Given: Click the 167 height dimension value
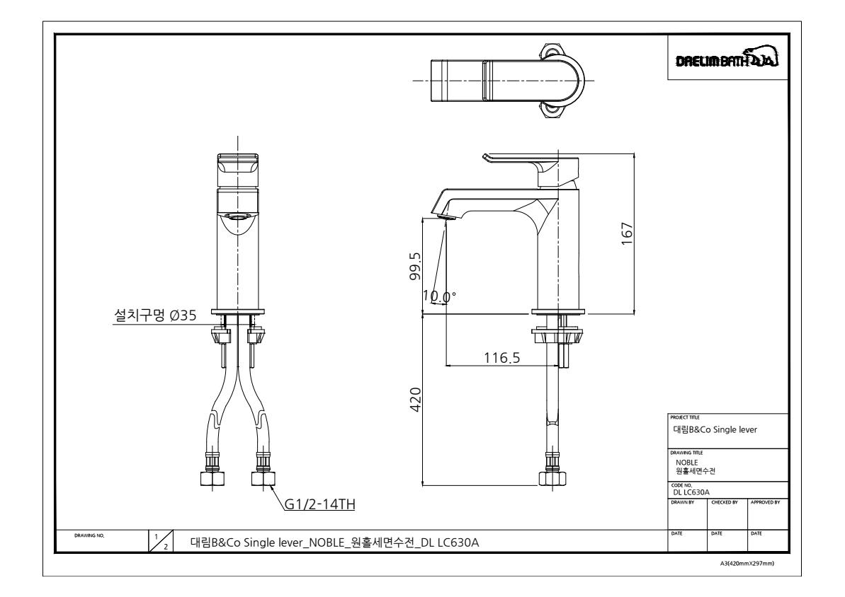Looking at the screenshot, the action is (627, 233).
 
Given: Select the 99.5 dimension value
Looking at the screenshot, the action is (415, 267).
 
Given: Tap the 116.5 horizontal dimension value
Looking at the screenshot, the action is (501, 358).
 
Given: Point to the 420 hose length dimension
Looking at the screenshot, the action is (416, 400).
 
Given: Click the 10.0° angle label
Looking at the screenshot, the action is (439, 296).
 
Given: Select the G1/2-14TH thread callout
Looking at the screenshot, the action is (319, 504).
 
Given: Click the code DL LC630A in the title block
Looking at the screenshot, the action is (691, 492).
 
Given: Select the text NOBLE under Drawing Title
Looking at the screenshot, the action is (686, 463).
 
